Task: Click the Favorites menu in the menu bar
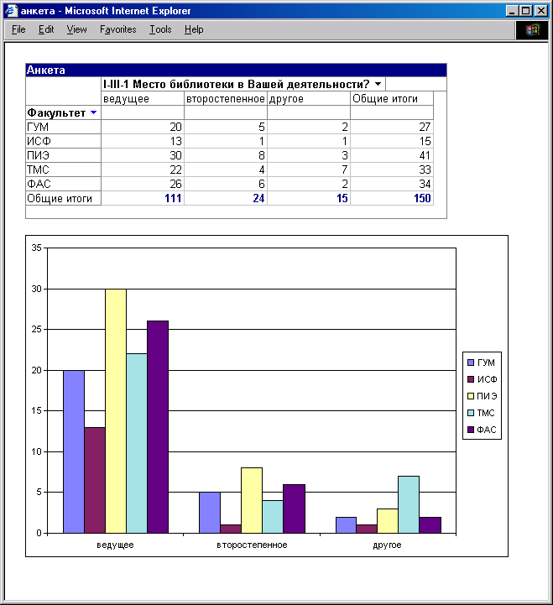click(x=117, y=29)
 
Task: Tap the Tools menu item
click(x=160, y=29)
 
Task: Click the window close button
click(x=541, y=11)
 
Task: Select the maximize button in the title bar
click(x=526, y=11)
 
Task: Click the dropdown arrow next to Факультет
click(x=93, y=112)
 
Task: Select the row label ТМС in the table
click(x=38, y=170)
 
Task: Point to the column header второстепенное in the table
click(x=226, y=99)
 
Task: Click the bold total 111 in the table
click(x=173, y=198)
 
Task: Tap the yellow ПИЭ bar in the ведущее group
click(x=116, y=411)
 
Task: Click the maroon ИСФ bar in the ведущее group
click(x=95, y=480)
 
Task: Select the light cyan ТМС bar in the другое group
click(x=409, y=504)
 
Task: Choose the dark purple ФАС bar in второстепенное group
click(x=294, y=509)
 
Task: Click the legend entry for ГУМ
click(x=481, y=362)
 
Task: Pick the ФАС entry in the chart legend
click(x=482, y=430)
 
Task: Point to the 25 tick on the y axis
click(x=36, y=329)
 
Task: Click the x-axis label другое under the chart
click(x=387, y=545)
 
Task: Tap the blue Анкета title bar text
click(x=45, y=70)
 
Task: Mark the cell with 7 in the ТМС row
click(x=344, y=170)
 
